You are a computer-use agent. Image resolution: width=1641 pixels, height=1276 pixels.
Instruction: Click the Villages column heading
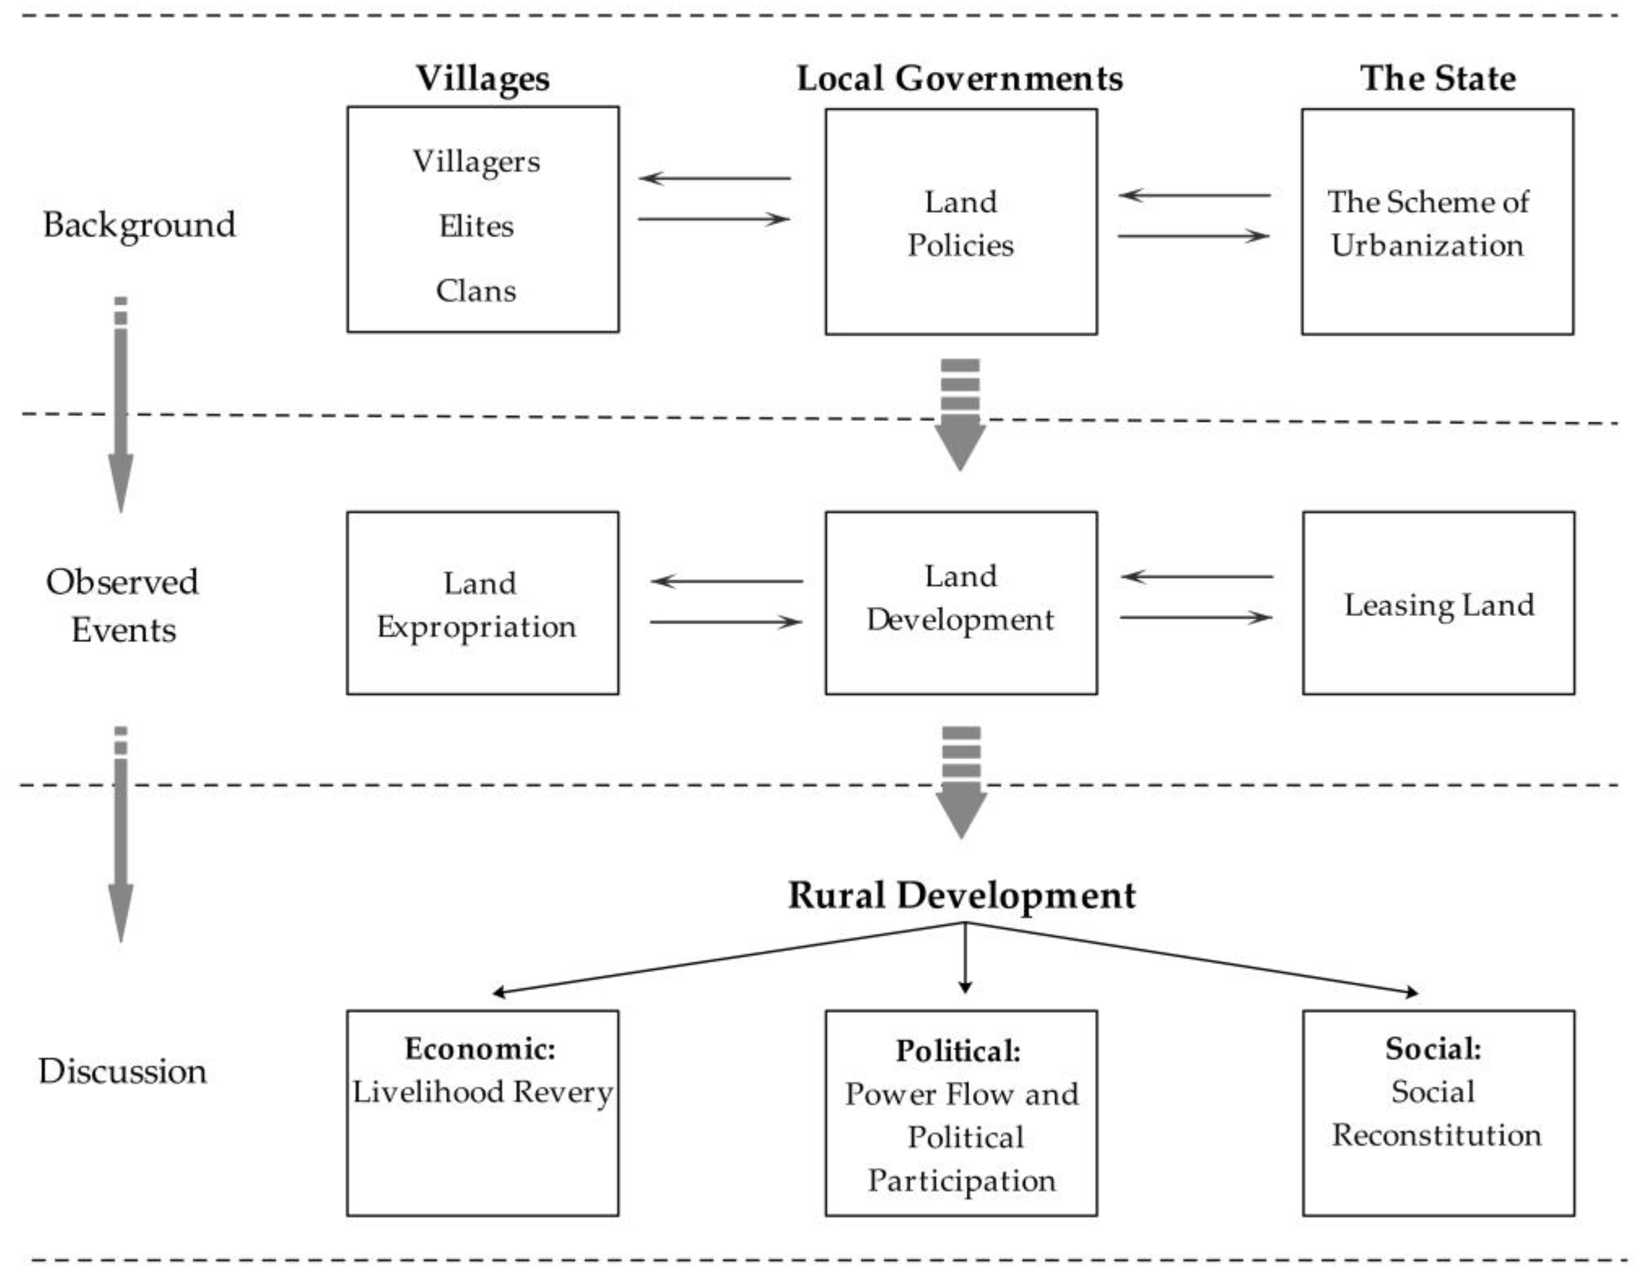pos(483,78)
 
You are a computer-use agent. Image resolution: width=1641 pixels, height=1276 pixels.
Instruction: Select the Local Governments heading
pos(959,78)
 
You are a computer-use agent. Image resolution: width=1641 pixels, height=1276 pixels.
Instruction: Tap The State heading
pos(1437,78)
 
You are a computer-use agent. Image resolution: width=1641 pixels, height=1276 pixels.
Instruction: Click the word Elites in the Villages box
pos(476,226)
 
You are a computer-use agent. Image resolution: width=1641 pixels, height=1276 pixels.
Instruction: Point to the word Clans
pos(476,291)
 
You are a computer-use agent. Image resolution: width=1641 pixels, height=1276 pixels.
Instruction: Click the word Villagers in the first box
pos(476,161)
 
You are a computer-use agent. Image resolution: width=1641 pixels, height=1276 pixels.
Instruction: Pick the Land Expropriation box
pos(482,603)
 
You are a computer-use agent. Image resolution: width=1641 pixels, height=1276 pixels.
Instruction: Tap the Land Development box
pos(961,603)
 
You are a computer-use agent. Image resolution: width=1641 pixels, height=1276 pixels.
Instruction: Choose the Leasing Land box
pos(1438,603)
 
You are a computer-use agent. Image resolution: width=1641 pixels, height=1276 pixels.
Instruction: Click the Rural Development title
pos(962,895)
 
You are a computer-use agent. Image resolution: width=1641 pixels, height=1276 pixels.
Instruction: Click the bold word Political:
pos(959,1051)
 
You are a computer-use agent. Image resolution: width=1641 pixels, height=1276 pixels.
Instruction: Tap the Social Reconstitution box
pos(1438,1111)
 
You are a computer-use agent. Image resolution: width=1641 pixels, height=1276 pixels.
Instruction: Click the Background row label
pos(139,225)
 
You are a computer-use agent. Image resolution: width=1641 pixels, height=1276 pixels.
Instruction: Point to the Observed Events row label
pos(122,605)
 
